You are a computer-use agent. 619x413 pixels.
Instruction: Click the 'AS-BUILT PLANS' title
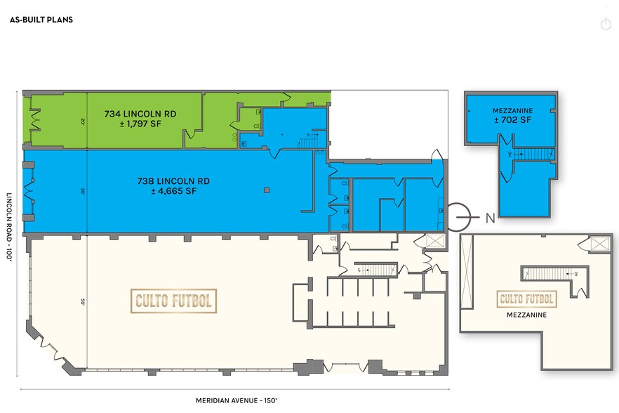pos(41,20)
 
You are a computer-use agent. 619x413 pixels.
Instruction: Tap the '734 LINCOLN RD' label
pos(140,113)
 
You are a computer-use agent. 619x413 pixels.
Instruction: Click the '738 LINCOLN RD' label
pos(173,181)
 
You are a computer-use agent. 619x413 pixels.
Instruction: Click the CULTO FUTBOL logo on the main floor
pos(173,301)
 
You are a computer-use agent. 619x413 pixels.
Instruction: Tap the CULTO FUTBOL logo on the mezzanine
pos(526,299)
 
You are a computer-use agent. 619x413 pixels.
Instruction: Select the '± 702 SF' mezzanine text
pos(512,121)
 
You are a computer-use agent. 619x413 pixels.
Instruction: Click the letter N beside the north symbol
pos(490,218)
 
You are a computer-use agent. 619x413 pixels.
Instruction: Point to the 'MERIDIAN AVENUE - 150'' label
pos(234,400)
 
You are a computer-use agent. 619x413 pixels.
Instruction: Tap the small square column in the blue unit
pos(266,190)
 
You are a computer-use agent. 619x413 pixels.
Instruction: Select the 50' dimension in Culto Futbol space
pos(83,303)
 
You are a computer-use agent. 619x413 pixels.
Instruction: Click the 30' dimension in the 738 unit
pos(83,190)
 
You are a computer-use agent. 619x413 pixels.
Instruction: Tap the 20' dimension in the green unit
pos(83,120)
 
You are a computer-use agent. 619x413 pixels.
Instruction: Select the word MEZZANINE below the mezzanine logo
pos(526,315)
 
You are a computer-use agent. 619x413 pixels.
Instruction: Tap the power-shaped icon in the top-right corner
pos(606,24)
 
